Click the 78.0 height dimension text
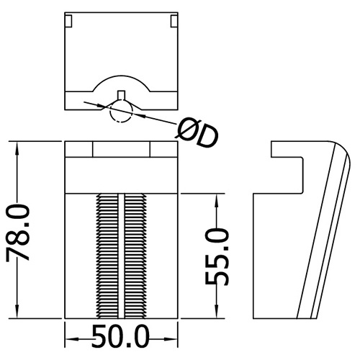(18, 233)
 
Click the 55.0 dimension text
(217, 256)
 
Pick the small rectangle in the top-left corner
(68, 21)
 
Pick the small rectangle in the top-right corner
(174, 21)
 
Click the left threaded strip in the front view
(107, 256)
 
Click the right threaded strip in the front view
(135, 256)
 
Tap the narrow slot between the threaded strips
(121, 256)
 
